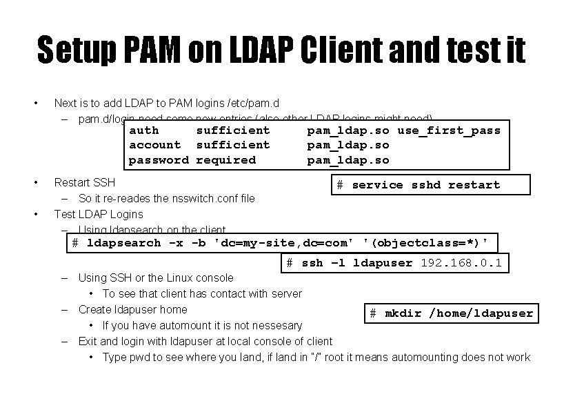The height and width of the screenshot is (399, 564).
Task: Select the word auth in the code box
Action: tap(144, 130)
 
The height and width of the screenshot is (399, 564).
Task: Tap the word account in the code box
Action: tap(155, 145)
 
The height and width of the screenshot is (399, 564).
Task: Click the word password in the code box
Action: tap(159, 160)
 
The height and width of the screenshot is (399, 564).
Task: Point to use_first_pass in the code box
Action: tap(449, 130)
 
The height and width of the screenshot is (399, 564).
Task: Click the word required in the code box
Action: tap(226, 160)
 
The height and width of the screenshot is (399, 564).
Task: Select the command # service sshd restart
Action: tap(418, 185)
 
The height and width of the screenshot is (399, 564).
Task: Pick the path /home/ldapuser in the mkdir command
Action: tap(481, 313)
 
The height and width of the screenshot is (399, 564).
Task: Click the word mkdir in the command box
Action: tap(403, 313)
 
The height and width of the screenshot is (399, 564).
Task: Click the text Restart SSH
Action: tap(85, 183)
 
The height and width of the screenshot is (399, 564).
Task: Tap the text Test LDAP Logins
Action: tap(99, 214)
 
